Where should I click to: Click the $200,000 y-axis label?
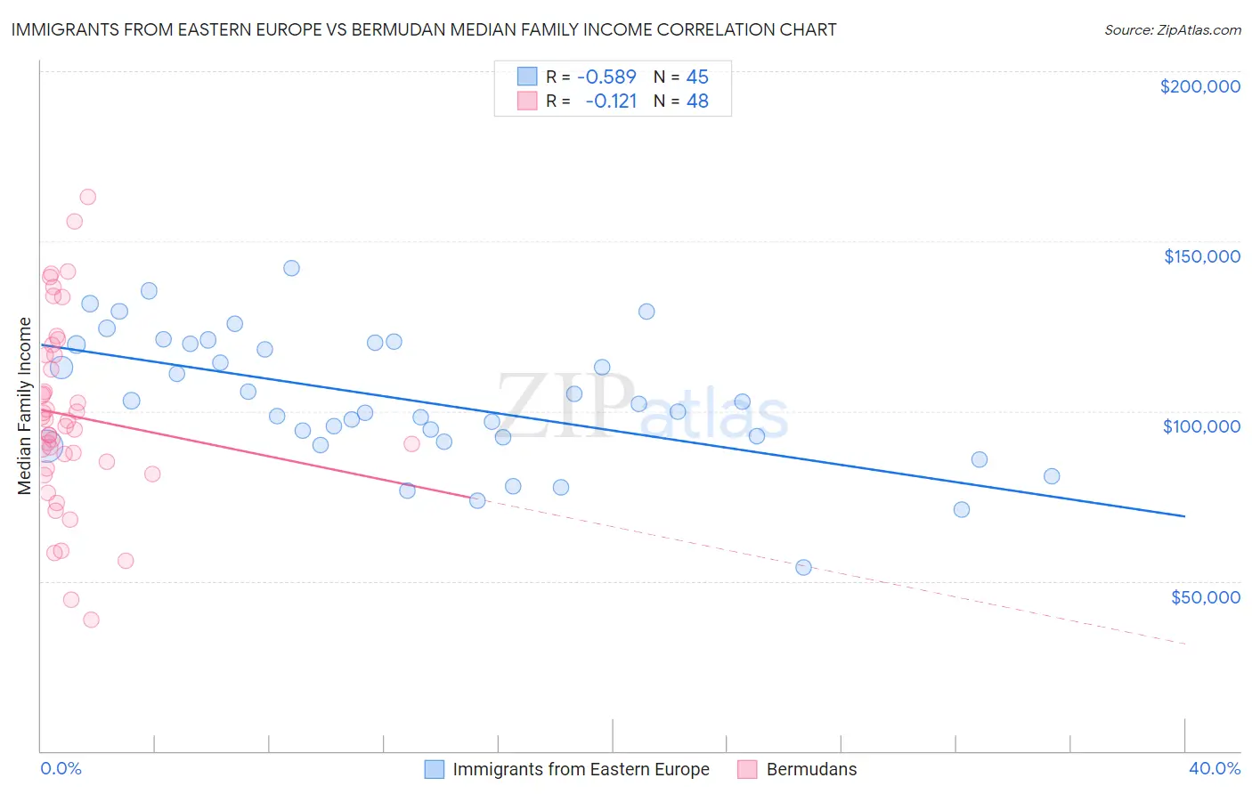click(1199, 86)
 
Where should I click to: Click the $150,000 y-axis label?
click(1201, 256)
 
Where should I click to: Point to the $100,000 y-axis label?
click(1201, 426)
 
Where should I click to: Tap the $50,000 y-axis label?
click(1205, 596)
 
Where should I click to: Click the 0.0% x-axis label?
click(61, 768)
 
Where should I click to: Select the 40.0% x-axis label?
click(1214, 768)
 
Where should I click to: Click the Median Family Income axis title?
click(25, 406)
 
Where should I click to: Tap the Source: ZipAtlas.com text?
click(1172, 29)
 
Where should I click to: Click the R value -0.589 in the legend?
click(606, 77)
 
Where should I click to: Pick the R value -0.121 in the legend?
click(611, 101)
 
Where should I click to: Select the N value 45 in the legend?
click(697, 77)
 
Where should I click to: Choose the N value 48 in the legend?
click(697, 101)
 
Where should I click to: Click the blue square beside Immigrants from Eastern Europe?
click(434, 769)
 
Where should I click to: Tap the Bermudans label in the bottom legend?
click(811, 769)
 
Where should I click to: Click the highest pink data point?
click(87, 197)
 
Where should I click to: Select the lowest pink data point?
click(91, 620)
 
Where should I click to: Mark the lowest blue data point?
click(803, 567)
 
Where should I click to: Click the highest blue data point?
click(291, 268)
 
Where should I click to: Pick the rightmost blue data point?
click(1052, 476)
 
